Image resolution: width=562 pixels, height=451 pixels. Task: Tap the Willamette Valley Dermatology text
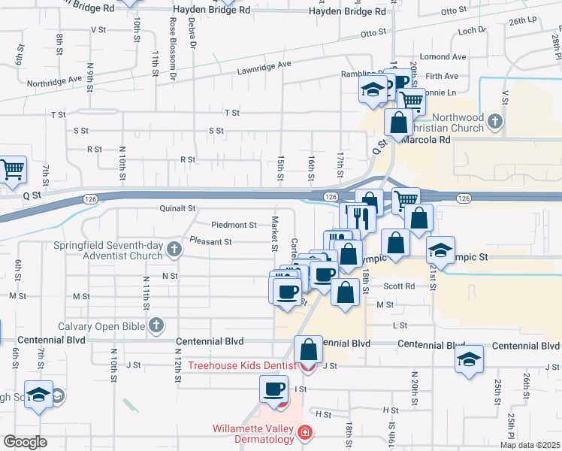coord(252,434)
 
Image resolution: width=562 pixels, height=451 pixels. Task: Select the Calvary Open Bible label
coord(103,325)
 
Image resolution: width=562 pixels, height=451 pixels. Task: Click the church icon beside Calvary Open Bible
coord(156,325)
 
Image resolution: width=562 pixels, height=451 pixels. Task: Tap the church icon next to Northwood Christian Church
coord(494,120)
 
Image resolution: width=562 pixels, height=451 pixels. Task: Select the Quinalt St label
coord(177,208)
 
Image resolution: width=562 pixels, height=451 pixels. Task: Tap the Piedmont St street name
coord(234,225)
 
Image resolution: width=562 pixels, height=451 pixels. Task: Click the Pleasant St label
coord(210,242)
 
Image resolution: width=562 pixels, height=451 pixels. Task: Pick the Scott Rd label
coord(399,286)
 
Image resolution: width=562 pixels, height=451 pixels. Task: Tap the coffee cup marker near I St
coord(273,389)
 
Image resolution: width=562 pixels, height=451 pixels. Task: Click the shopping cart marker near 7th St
coord(12,171)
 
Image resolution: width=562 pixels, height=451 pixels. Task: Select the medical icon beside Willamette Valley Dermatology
coord(304,433)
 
